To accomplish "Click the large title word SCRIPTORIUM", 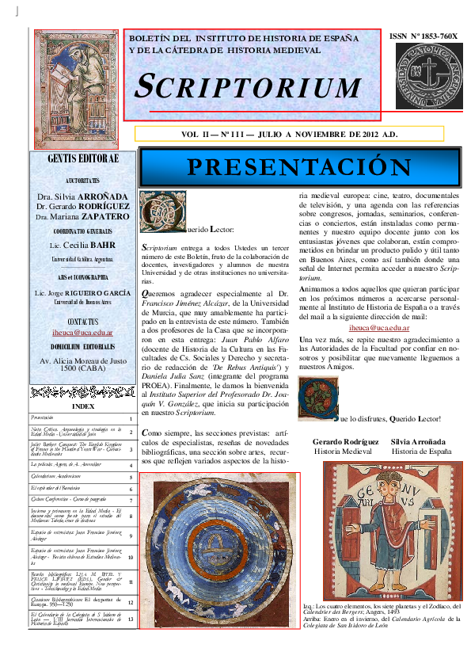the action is [x=249, y=86].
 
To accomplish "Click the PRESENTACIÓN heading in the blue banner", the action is [x=310, y=167].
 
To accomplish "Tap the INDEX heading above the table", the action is [x=82, y=406].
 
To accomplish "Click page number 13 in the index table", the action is [x=131, y=619].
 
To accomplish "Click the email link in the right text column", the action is [x=378, y=326].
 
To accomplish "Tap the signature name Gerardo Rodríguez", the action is [x=345, y=440].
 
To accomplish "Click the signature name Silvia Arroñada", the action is [x=420, y=440].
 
